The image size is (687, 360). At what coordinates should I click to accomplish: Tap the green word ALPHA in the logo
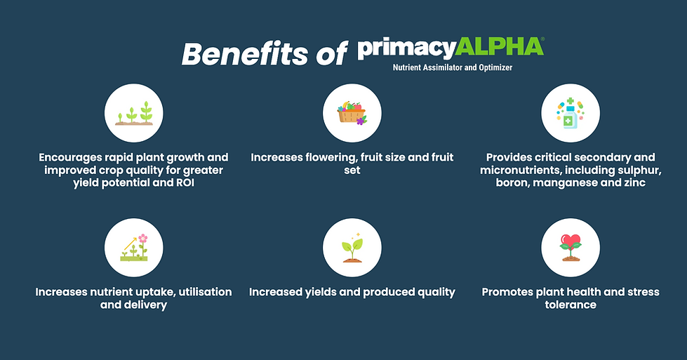(499, 47)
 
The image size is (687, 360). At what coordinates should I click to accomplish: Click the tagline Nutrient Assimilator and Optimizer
(452, 67)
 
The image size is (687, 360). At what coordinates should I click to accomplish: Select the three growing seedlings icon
(133, 114)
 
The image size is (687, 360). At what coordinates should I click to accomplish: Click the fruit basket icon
(352, 114)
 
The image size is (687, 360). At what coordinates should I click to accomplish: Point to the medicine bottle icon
(570, 113)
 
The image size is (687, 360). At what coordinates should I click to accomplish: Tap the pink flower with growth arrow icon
(134, 248)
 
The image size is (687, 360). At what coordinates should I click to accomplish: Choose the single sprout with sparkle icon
(352, 248)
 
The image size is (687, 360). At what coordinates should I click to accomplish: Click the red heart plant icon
(571, 248)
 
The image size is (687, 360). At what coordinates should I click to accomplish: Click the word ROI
(185, 182)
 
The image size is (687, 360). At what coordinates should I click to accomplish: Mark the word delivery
(146, 305)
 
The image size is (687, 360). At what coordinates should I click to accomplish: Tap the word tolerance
(571, 305)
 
